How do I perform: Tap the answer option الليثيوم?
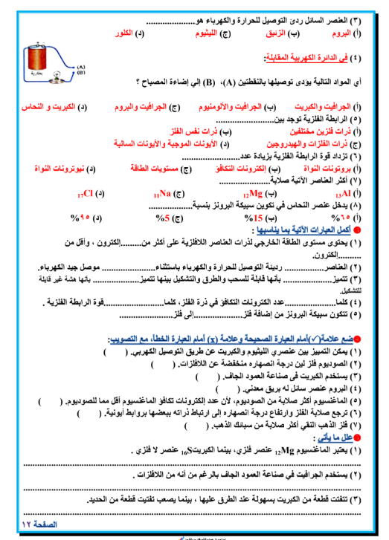[208, 34]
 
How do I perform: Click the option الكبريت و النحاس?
[54, 108]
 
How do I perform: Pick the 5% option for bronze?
[166, 218]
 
